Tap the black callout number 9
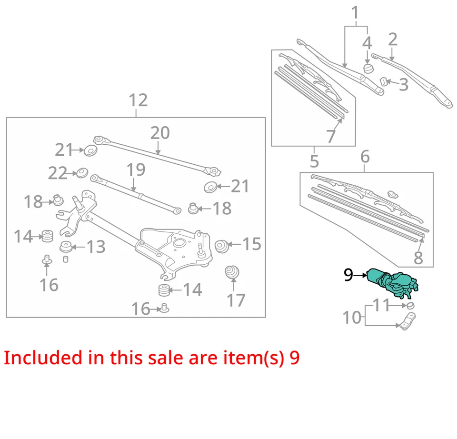(x=349, y=275)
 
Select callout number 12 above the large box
(x=138, y=100)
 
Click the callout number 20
(x=160, y=133)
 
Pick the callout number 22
(x=58, y=173)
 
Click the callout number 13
(x=96, y=247)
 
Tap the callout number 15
(x=252, y=244)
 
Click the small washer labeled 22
(x=81, y=172)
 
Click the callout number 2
(x=393, y=39)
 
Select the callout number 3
(x=403, y=85)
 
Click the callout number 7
(x=331, y=137)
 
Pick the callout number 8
(x=418, y=258)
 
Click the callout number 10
(x=352, y=317)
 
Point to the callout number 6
(x=365, y=156)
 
